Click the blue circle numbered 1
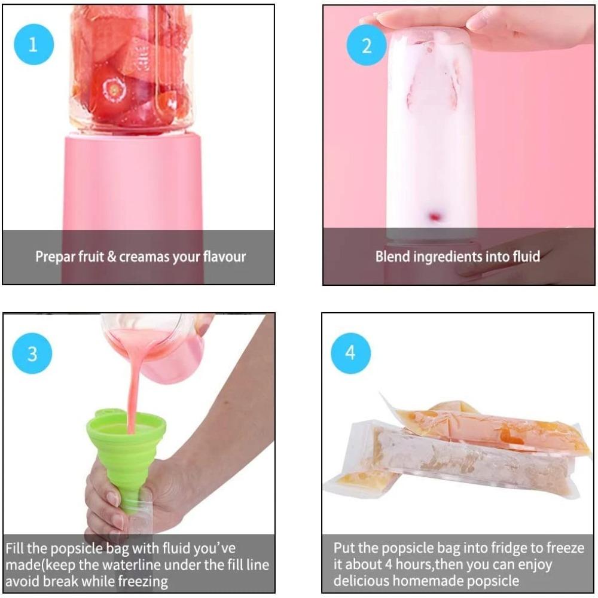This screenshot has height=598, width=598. tap(33, 45)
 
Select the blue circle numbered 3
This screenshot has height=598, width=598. tap(32, 353)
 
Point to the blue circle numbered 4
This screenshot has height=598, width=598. tap(351, 352)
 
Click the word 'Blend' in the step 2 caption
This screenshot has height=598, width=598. tap(392, 257)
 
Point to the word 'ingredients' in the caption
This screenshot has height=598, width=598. tap(453, 257)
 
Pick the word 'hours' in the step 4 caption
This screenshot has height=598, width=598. tap(411, 565)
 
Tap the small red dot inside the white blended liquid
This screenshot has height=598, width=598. tap(434, 215)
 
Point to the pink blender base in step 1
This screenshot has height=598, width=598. tap(133, 185)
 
